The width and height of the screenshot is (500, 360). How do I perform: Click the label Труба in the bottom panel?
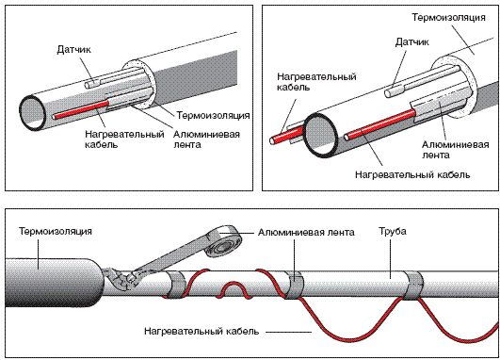click(x=393, y=231)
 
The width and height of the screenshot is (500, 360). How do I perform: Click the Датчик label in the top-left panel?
click(x=73, y=50)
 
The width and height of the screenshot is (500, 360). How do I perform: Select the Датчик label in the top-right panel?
click(x=412, y=42)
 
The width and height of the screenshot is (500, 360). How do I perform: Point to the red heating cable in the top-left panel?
click(x=81, y=109)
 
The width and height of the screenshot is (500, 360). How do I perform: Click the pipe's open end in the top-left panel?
click(x=33, y=113)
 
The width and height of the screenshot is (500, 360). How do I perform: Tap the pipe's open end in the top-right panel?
click(x=321, y=135)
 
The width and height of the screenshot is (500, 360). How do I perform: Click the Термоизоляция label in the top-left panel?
click(x=213, y=115)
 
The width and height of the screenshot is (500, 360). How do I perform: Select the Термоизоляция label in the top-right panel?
click(x=448, y=17)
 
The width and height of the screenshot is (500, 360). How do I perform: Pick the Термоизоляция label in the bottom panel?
click(x=56, y=231)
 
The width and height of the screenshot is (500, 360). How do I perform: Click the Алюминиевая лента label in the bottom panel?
click(x=306, y=232)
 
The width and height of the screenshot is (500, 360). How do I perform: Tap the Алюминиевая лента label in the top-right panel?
click(x=456, y=150)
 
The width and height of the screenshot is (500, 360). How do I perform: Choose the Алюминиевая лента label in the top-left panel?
click(x=206, y=139)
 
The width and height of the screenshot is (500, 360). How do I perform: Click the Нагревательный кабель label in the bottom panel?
click(x=202, y=331)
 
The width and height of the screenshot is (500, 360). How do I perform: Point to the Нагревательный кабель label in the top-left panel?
click(x=124, y=139)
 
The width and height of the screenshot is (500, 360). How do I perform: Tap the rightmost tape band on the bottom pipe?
click(x=413, y=286)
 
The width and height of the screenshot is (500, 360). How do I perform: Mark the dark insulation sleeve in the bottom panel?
click(x=55, y=283)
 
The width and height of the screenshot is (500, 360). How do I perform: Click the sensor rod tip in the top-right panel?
click(x=389, y=93)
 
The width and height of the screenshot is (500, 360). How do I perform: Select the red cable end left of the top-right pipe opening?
click(x=274, y=140)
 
